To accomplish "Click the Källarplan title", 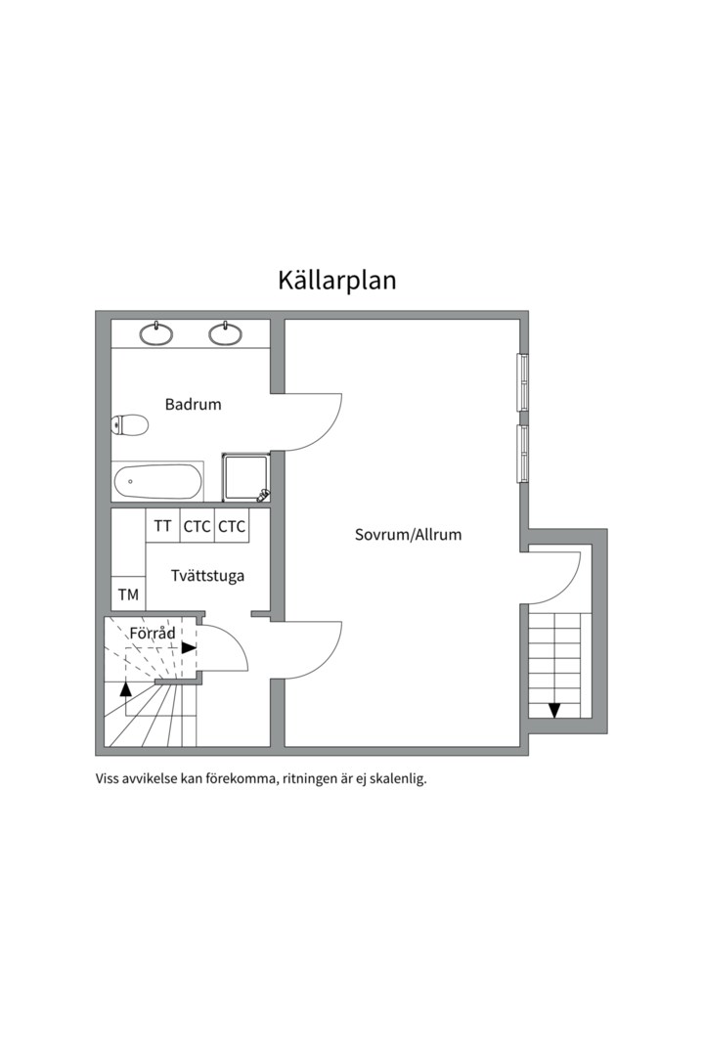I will (336, 281).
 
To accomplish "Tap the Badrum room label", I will (193, 404).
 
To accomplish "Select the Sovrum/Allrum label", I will (408, 535).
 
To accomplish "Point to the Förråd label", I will (153, 634).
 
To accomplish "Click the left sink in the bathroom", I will (156, 334).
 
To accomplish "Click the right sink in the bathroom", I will (226, 334).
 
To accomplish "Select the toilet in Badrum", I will (130, 424).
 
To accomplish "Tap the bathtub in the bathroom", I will (157, 481).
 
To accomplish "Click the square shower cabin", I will (245, 477).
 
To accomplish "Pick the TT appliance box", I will (162, 527).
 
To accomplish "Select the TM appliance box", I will (128, 594).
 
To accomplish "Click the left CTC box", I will (197, 527).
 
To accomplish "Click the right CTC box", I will (232, 527).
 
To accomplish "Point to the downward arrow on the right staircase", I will (554, 710).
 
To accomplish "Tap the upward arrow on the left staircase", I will (125, 688).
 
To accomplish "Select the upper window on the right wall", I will (523, 381).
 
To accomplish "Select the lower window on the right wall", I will (523, 454).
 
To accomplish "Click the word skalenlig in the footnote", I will (396, 780).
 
